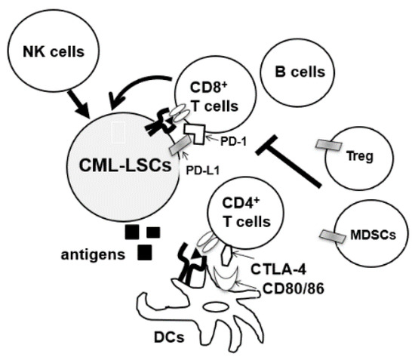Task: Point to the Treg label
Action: [366, 158]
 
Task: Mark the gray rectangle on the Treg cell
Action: [328, 146]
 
